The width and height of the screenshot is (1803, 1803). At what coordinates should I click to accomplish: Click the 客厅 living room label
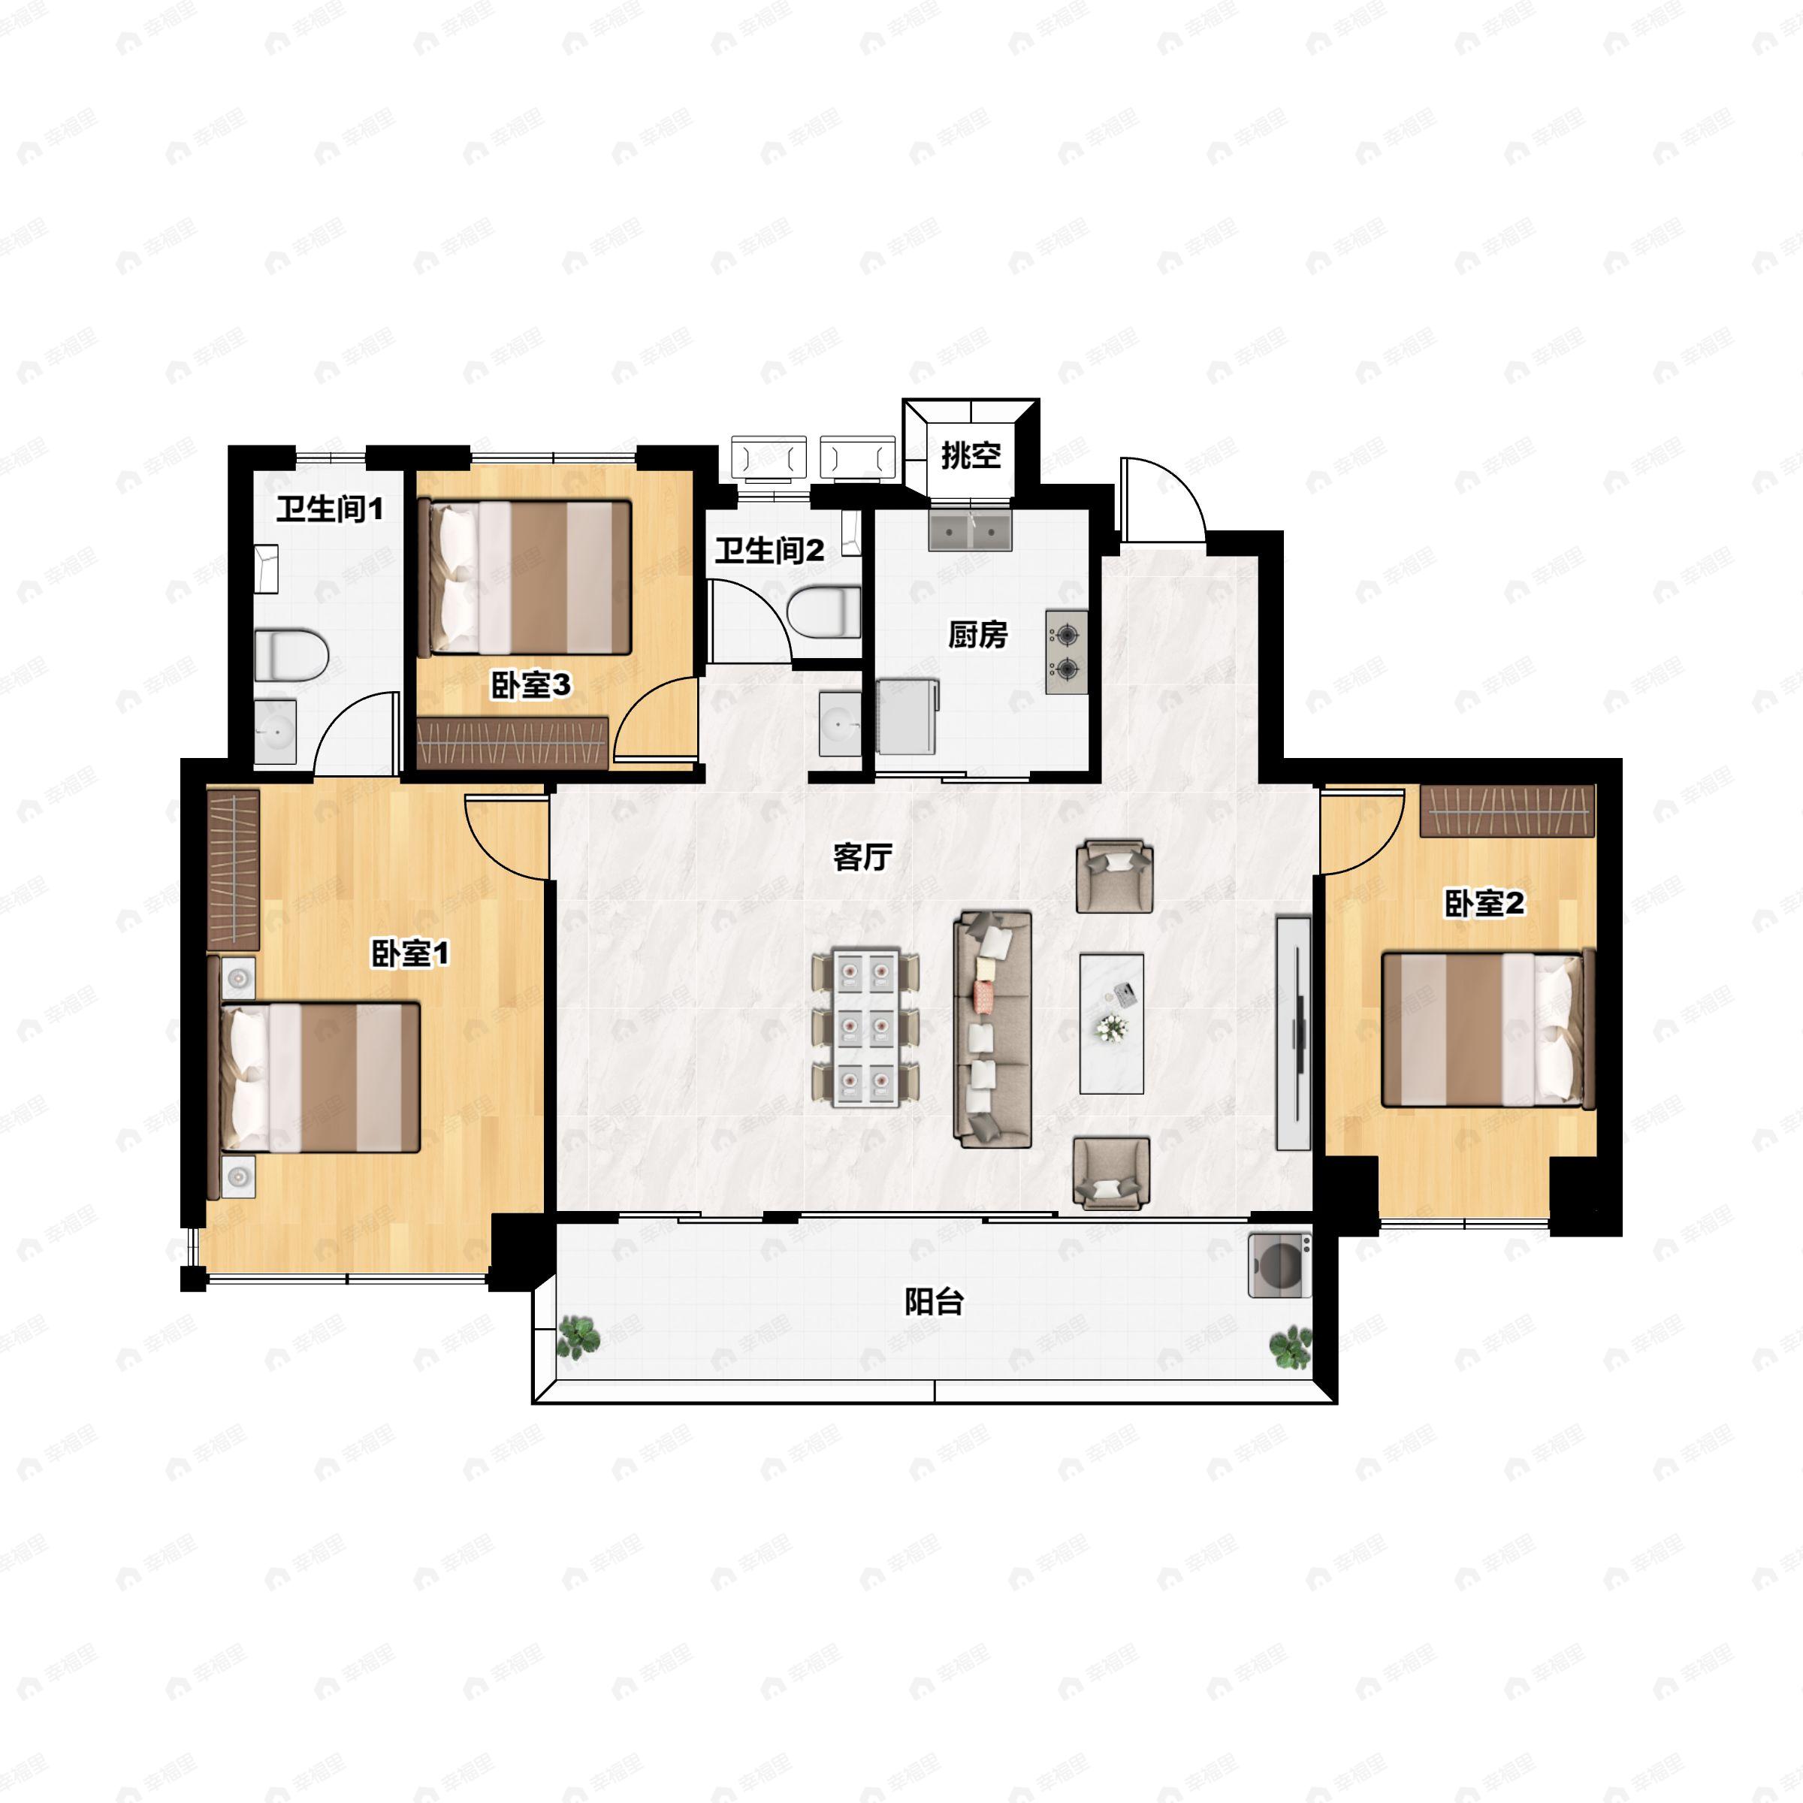tap(862, 856)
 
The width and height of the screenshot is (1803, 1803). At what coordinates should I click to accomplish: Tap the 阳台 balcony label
tap(934, 1301)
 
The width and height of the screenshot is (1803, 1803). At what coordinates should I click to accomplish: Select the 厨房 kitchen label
tap(978, 635)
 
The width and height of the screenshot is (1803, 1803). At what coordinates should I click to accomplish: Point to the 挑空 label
tap(971, 455)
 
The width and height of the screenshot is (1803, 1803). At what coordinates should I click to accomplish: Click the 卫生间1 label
tap(330, 509)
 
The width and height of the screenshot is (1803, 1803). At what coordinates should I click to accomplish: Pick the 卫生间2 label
tap(770, 551)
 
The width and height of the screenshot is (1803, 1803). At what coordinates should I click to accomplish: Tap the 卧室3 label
tap(531, 686)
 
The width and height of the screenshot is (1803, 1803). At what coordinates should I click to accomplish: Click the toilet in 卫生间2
tap(823, 612)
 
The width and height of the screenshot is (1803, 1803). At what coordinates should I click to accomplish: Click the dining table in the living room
tap(866, 1028)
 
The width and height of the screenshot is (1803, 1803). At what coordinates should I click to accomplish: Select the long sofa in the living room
tap(992, 1029)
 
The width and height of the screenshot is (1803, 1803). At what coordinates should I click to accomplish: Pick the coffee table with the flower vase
tap(1112, 1022)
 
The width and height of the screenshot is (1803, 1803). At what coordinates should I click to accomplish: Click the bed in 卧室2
tap(1487, 1029)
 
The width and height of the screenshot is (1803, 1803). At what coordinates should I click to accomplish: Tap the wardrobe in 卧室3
tap(512, 743)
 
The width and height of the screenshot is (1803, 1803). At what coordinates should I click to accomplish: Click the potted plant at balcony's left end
tap(579, 1336)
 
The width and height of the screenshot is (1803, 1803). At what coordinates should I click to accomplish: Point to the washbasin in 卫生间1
tap(275, 732)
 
